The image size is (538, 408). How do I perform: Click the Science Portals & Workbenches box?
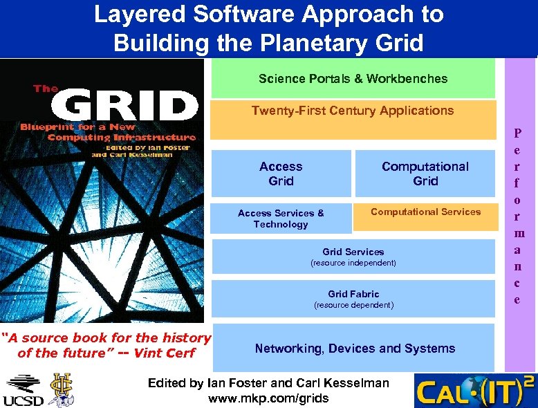(x=353, y=78)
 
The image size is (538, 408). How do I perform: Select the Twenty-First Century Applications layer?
(x=353, y=118)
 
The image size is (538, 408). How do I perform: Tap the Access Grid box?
(x=281, y=174)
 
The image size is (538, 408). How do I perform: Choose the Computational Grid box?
(x=425, y=174)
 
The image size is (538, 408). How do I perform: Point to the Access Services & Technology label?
(x=281, y=219)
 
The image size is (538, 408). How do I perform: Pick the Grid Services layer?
(x=353, y=257)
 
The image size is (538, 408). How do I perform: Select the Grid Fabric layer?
(x=353, y=299)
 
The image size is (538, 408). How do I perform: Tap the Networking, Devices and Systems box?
(x=355, y=349)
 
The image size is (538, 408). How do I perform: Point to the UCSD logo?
(x=24, y=391)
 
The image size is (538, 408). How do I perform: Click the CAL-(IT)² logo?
(x=474, y=391)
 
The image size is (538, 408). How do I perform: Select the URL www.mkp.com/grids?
(x=268, y=398)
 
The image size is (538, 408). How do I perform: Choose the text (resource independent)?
(x=353, y=263)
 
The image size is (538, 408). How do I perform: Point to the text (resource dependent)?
(x=353, y=305)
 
